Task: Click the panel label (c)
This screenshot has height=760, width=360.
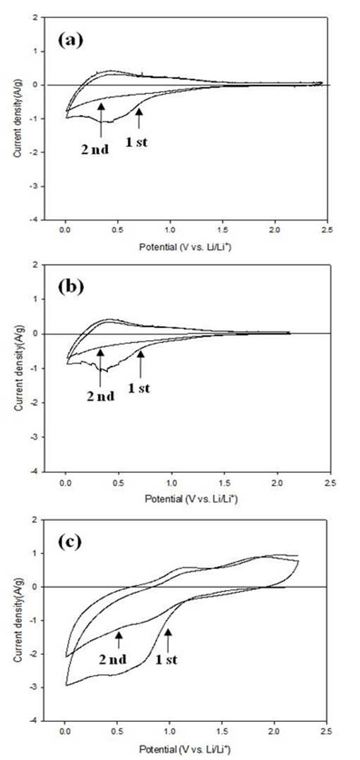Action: pos(68,541)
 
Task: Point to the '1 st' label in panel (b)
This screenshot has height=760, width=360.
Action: pos(140,389)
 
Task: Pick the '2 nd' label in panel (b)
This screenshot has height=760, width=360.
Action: pos(101,396)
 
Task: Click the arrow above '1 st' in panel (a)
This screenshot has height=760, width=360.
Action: pos(139,119)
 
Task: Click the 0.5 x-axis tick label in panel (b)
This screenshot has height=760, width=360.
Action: pos(118,482)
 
